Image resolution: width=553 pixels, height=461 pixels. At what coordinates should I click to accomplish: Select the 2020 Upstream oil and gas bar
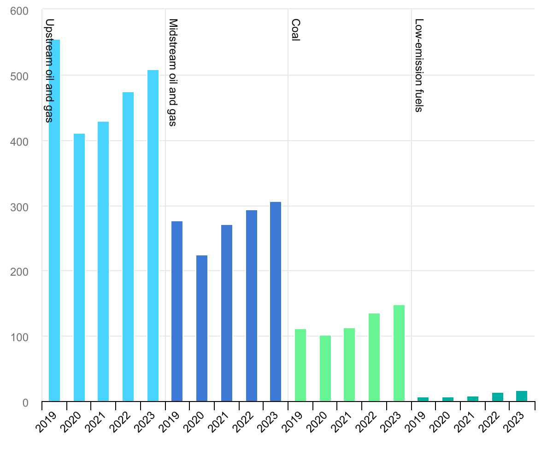[79, 267]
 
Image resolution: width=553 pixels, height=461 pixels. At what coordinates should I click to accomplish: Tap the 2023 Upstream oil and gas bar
[153, 236]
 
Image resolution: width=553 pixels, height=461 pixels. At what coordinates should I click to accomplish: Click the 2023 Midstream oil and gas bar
[276, 301]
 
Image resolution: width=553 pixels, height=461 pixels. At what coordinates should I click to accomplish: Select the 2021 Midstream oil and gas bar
[227, 313]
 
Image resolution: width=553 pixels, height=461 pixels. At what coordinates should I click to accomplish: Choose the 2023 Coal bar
[399, 353]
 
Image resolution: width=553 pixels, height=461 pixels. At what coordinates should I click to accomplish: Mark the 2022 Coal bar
[374, 357]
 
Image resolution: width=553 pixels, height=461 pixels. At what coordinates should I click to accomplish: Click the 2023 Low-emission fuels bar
[522, 396]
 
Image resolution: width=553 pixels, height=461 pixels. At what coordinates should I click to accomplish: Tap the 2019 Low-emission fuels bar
[423, 399]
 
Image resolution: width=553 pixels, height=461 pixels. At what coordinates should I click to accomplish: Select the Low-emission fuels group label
[419, 65]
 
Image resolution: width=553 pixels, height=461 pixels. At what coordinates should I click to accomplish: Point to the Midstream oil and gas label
[173, 72]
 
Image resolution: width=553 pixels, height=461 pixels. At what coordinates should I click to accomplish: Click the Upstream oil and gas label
[50, 71]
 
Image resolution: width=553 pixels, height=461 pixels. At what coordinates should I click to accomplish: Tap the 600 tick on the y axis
[19, 11]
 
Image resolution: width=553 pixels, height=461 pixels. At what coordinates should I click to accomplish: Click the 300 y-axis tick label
[19, 207]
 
